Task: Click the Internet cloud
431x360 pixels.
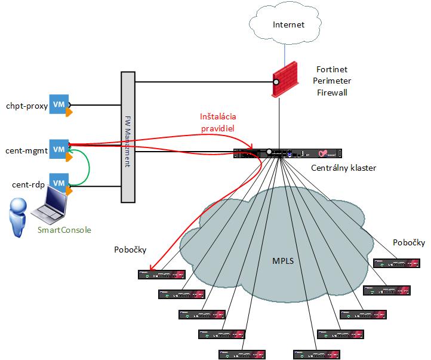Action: [x=288, y=25]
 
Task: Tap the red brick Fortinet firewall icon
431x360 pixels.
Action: [x=286, y=79]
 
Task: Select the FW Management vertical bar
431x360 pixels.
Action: [x=128, y=137]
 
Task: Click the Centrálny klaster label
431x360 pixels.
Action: [x=343, y=168]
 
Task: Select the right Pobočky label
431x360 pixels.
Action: [x=409, y=242]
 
